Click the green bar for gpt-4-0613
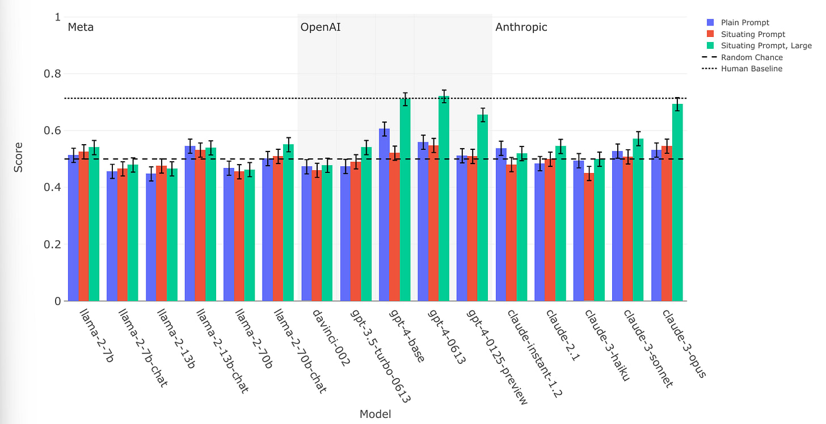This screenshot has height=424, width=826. (444, 199)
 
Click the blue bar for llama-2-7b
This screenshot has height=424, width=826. (73, 228)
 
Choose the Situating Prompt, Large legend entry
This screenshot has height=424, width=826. (766, 46)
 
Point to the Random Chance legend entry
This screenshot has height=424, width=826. (752, 57)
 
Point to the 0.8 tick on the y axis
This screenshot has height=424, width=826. (53, 74)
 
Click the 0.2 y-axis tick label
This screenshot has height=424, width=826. (53, 245)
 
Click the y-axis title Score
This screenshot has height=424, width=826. (19, 159)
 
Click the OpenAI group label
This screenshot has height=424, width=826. (321, 27)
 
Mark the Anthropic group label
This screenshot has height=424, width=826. (521, 27)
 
